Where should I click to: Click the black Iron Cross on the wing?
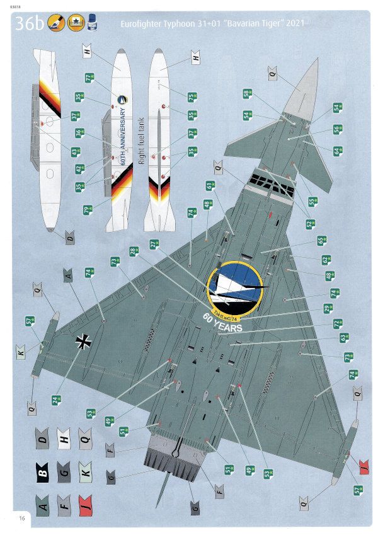[x=83, y=341]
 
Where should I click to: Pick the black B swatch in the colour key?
[x=43, y=471]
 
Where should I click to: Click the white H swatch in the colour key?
[x=63, y=438]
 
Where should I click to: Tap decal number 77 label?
[x=89, y=78]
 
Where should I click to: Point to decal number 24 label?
[x=55, y=400]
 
